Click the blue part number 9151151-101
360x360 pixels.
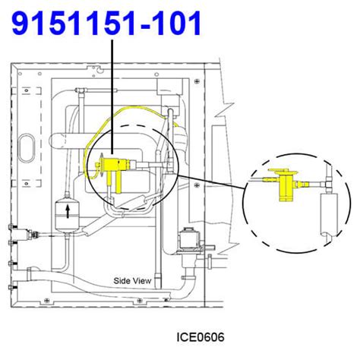click(x=107, y=24)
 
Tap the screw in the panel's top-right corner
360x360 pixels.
click(x=196, y=79)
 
